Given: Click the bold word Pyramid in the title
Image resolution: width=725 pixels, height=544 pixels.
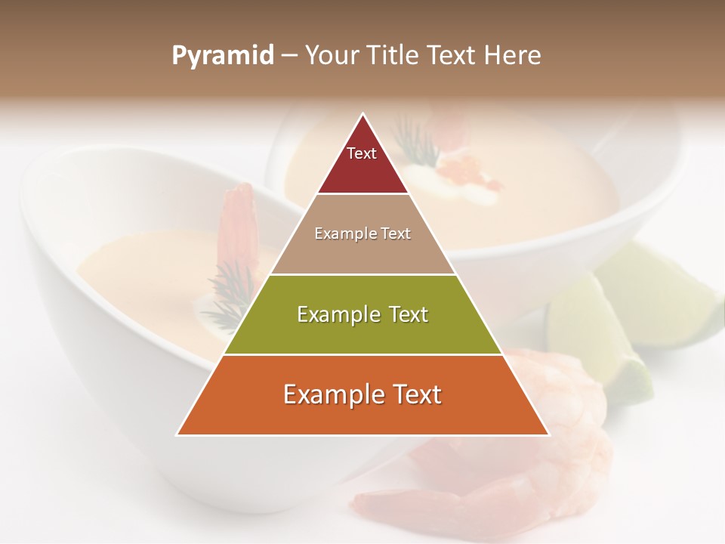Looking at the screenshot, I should [x=223, y=56].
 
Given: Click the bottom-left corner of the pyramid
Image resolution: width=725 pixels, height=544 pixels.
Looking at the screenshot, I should [x=178, y=434].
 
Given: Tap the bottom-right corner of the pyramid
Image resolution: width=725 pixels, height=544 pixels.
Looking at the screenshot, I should [x=548, y=434].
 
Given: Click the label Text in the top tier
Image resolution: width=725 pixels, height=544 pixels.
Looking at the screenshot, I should [x=362, y=153].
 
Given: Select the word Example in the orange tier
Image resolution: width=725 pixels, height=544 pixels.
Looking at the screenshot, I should [x=333, y=394].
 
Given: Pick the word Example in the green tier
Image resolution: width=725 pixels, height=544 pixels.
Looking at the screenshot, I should [x=339, y=314].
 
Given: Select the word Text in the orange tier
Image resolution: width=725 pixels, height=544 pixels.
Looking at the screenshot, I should [x=414, y=394].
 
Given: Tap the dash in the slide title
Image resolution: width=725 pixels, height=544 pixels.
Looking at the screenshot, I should [x=289, y=56].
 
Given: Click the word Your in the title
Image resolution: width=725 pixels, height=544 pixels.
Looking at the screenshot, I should [x=331, y=56].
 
